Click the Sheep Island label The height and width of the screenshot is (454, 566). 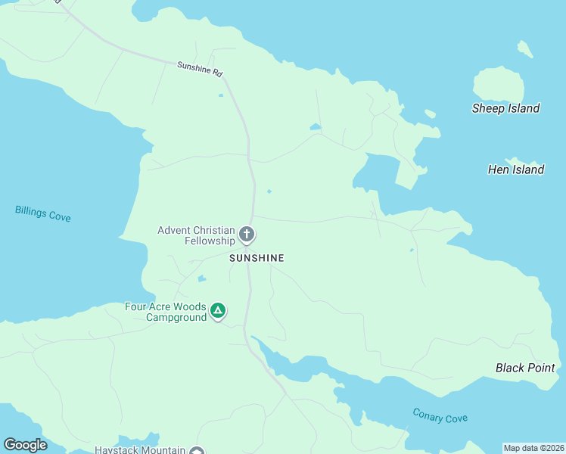click(505, 108)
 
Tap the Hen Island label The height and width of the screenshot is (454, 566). click(516, 169)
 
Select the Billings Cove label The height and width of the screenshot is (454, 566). click(42, 213)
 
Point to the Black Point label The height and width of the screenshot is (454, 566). click(525, 368)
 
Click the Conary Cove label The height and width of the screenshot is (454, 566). click(440, 415)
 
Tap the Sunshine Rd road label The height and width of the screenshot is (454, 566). click(200, 70)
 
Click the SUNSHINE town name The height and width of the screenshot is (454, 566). click(257, 258)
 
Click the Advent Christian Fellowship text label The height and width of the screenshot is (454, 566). click(197, 235)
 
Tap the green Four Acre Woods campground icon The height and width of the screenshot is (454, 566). click(218, 310)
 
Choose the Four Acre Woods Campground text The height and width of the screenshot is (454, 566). click(166, 313)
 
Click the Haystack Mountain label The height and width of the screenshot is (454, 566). click(140, 449)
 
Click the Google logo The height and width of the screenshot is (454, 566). click(25, 445)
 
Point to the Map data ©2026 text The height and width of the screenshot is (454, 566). click(534, 448)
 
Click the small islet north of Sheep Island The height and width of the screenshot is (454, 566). click(524, 49)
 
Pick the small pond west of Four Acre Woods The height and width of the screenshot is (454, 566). click(201, 278)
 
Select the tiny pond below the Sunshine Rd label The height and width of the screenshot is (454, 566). click(220, 95)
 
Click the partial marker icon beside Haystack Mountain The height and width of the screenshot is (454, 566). click(197, 451)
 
